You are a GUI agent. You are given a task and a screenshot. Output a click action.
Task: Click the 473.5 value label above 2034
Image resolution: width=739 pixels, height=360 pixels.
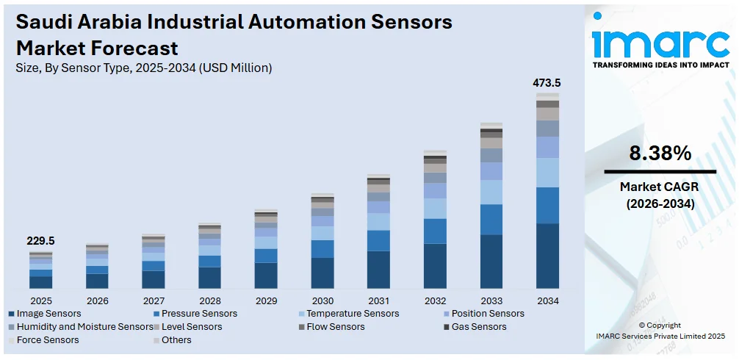pyautogui.click(x=547, y=83)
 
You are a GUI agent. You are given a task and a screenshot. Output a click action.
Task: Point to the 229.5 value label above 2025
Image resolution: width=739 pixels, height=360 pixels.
pyautogui.click(x=40, y=241)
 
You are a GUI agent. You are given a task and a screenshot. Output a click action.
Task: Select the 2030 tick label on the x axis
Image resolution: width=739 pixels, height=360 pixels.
pyautogui.click(x=322, y=300)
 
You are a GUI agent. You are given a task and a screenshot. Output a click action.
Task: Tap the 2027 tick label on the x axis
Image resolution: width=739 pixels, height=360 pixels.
pyautogui.click(x=154, y=300)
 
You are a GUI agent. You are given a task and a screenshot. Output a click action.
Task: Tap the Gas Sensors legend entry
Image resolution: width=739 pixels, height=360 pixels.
pyautogui.click(x=478, y=327)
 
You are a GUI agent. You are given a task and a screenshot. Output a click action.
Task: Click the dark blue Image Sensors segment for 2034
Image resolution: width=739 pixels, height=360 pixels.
pyautogui.click(x=547, y=256)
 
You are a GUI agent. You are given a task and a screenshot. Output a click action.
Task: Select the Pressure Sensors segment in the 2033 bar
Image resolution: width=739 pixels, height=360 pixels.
pyautogui.click(x=491, y=219)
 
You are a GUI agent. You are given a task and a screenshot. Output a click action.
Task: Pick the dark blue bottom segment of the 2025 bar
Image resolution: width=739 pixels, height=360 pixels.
pyautogui.click(x=41, y=282)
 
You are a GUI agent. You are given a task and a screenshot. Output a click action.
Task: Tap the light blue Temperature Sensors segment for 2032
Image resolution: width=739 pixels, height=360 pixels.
pyautogui.click(x=435, y=208)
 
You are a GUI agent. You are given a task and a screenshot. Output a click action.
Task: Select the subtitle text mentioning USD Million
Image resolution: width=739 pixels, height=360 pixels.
pyautogui.click(x=144, y=68)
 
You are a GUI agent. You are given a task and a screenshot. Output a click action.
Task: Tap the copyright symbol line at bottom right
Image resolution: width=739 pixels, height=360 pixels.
pyautogui.click(x=660, y=325)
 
